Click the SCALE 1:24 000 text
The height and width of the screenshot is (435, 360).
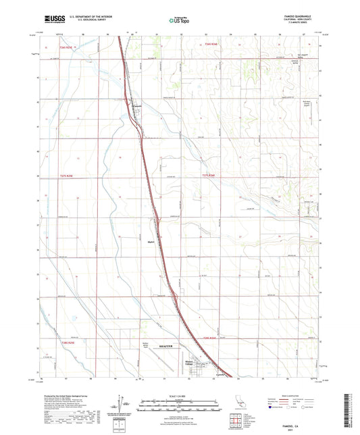click(180, 396)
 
